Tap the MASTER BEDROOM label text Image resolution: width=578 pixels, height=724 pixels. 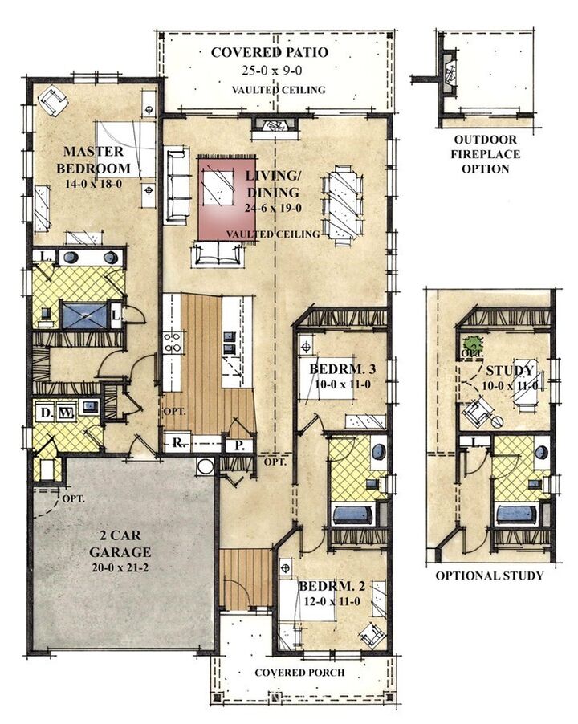click(93, 160)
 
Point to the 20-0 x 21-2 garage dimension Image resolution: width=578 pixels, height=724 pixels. click(120, 567)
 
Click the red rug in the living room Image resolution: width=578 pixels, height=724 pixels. click(226, 197)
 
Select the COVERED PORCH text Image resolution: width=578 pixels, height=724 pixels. click(302, 672)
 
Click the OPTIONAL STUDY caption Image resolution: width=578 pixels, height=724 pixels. click(489, 576)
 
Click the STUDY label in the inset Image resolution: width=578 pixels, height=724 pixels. click(510, 371)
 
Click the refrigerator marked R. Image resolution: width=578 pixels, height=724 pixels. click(176, 442)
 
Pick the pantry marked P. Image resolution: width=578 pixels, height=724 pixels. click(239, 443)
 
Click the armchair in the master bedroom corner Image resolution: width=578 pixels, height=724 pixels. click(53, 102)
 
